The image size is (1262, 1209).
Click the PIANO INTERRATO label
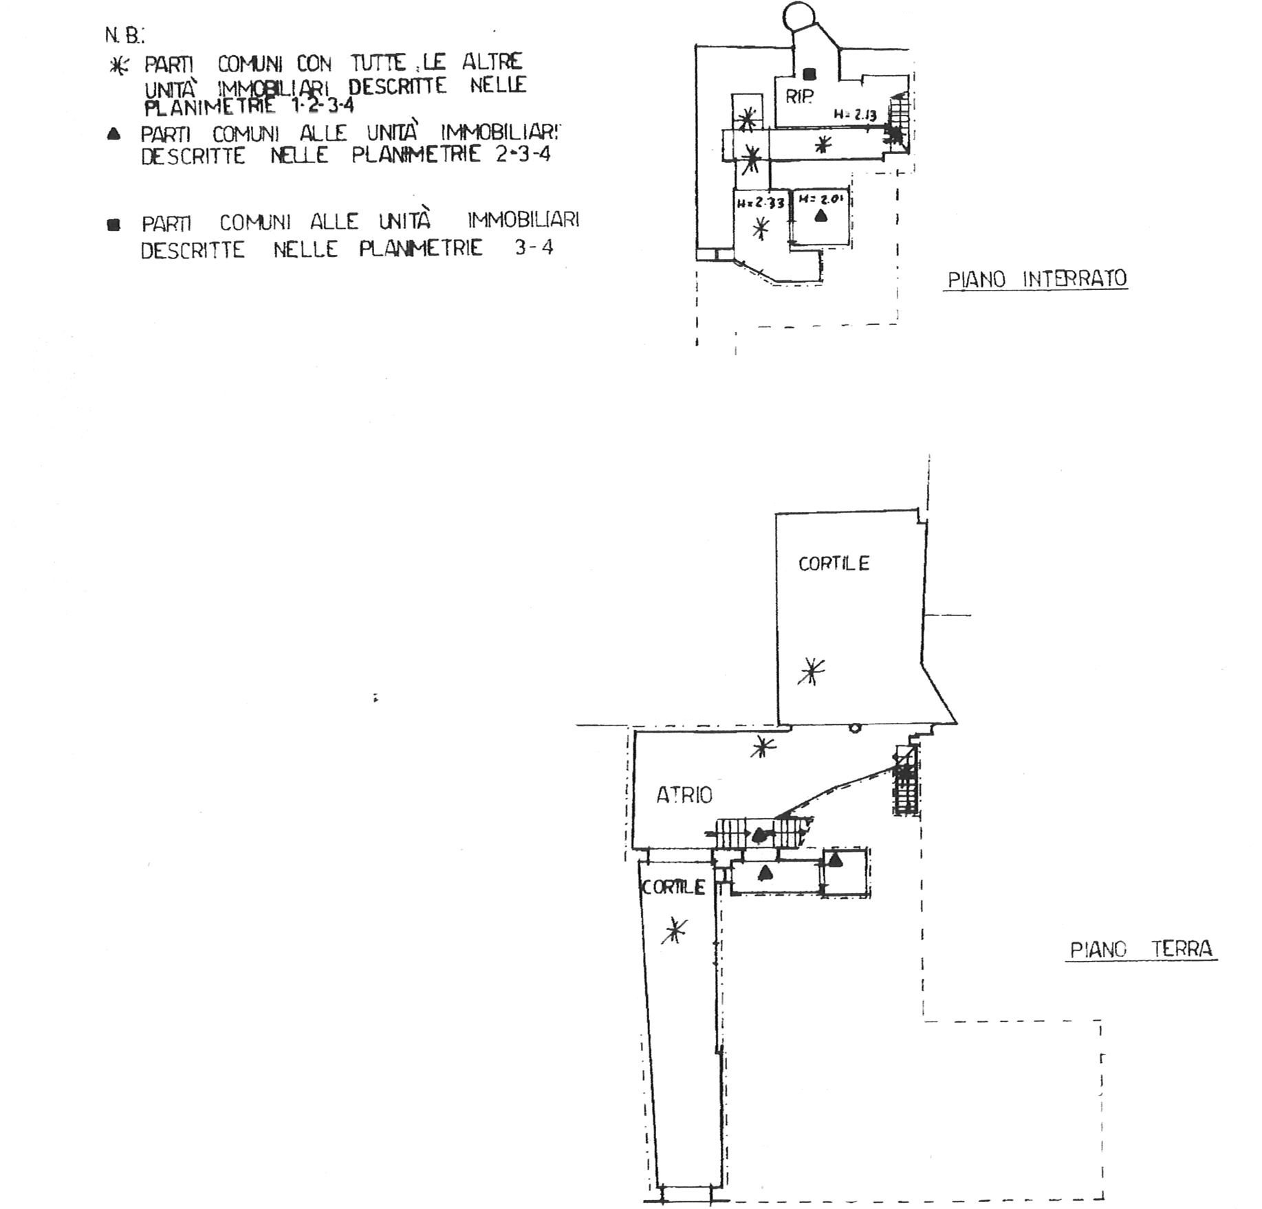point(1036,280)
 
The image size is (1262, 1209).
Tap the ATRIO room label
point(684,796)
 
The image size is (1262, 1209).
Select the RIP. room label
point(799,97)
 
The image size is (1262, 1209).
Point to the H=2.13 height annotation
point(855,115)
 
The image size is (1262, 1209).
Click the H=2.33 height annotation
point(761,203)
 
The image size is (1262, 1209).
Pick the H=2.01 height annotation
point(820,200)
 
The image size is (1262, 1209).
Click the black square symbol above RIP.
point(809,74)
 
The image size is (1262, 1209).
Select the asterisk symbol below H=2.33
point(761,228)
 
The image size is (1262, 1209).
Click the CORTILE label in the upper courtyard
point(834,564)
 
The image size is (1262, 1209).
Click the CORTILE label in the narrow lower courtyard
point(673,887)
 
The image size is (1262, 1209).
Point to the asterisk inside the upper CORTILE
point(812,671)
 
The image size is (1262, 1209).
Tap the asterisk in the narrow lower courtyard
point(674,931)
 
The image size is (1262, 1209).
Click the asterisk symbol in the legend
point(120,66)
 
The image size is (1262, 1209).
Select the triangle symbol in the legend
point(114,134)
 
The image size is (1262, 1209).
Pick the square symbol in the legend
point(114,224)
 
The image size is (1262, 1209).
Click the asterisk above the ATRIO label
point(762,746)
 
